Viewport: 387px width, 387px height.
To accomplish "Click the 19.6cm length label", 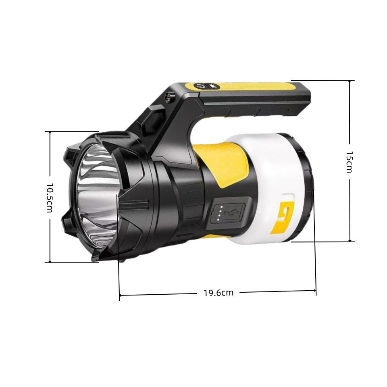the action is [x=218, y=293].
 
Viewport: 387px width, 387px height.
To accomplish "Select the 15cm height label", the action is [x=349, y=162].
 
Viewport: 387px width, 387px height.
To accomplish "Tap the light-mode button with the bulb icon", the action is [x=214, y=86].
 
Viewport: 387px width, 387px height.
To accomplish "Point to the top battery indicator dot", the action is [x=221, y=207].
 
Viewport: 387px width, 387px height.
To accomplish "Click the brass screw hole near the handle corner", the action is [x=169, y=97].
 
